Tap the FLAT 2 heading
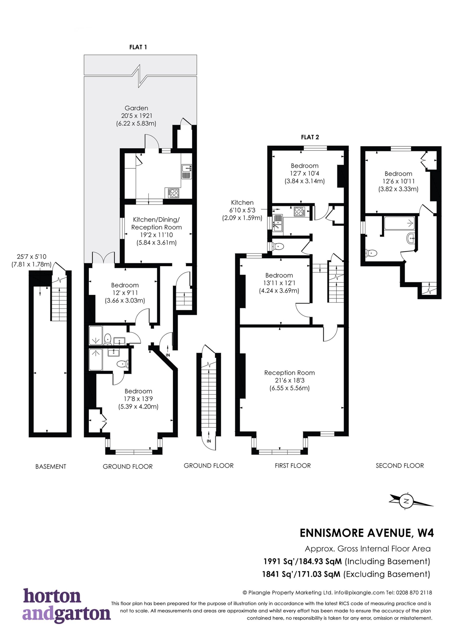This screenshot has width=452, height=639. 310,137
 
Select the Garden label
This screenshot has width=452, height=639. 136,108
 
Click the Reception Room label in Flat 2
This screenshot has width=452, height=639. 289,373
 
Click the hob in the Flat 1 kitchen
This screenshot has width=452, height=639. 174,193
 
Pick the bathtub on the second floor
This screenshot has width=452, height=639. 399,223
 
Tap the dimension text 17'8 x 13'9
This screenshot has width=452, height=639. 138,399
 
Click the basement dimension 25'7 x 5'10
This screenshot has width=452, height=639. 31,257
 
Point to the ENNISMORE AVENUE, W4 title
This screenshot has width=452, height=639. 367,533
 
